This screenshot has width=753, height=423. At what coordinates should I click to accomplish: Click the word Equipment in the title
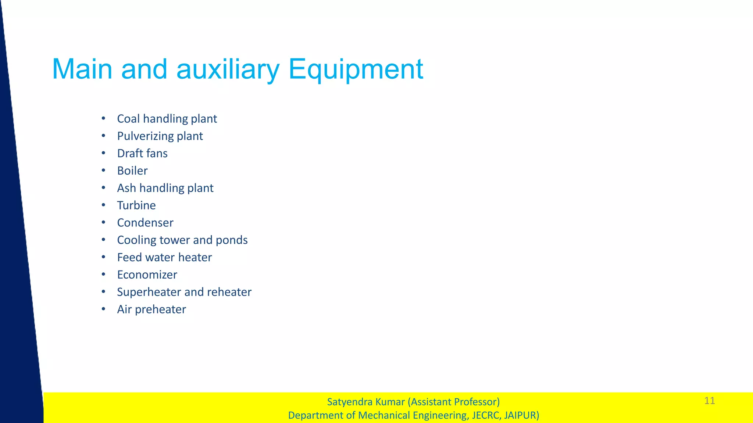[356, 69]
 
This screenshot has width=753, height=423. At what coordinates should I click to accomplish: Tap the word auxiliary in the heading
[228, 69]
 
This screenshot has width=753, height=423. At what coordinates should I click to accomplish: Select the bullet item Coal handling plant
[167, 119]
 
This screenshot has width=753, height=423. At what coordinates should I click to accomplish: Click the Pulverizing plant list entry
[160, 136]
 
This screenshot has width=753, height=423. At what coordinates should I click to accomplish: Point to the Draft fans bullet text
[142, 153]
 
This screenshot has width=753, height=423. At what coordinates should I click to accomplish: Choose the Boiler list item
[132, 171]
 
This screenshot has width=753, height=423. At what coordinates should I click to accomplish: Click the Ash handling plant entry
[165, 188]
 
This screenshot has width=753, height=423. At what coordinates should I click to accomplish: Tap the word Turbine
[136, 205]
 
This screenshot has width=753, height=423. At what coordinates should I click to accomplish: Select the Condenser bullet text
[145, 223]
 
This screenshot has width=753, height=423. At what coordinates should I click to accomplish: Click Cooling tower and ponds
[182, 240]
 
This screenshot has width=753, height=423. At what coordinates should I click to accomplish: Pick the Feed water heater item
[164, 257]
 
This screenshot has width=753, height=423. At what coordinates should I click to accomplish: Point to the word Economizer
[147, 275]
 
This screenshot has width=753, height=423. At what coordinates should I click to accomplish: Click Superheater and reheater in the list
[184, 292]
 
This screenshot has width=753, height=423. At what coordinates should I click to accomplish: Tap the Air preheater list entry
[151, 309]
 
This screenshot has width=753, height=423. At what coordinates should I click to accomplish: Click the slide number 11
[710, 401]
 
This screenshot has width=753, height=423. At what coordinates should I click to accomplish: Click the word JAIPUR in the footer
[521, 415]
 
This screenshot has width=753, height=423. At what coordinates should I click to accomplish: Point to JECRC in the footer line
[485, 415]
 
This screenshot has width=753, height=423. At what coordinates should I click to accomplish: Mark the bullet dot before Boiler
[104, 171]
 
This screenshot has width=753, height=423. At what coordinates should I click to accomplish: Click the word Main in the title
[82, 69]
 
